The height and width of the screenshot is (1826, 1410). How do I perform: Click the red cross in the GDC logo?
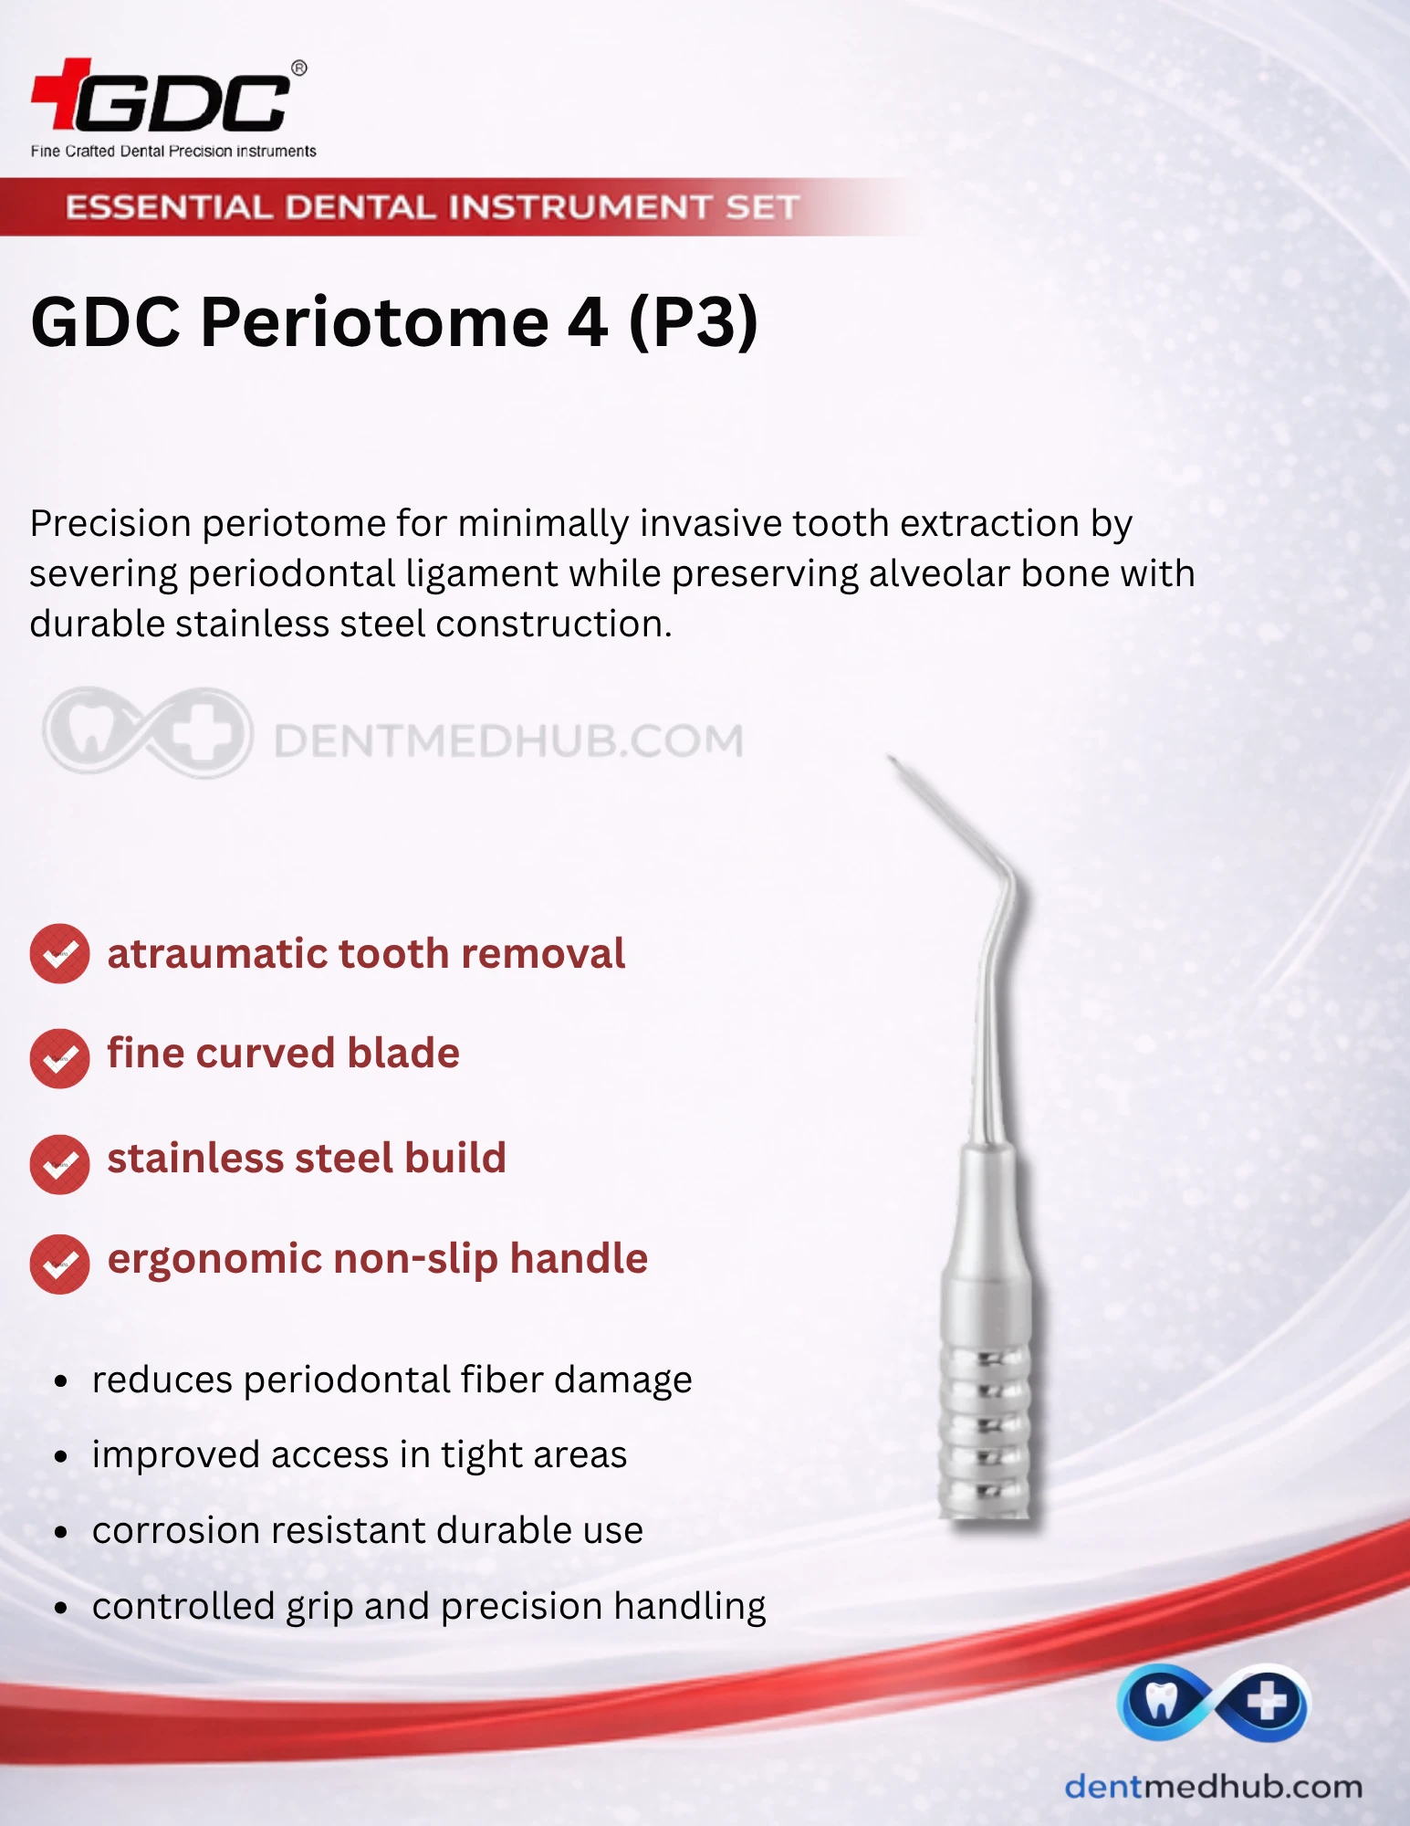62,93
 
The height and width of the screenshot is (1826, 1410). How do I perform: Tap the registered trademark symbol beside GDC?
299,68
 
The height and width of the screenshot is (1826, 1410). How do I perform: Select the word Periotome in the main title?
375,322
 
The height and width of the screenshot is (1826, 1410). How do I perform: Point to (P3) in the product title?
694,322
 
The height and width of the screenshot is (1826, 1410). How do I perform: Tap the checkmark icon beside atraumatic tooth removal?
59,954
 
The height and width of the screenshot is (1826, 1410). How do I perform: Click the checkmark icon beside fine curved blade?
59,1058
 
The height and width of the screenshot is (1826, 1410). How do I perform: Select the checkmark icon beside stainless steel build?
59,1164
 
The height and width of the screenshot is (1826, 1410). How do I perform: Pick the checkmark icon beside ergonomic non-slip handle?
59,1265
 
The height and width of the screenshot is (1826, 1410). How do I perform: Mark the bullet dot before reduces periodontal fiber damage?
61,1382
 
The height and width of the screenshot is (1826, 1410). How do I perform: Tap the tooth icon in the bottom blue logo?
1161,1701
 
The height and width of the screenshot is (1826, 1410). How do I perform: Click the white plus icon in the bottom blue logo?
1267,1701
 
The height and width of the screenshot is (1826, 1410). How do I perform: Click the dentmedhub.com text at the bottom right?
1214,1787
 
